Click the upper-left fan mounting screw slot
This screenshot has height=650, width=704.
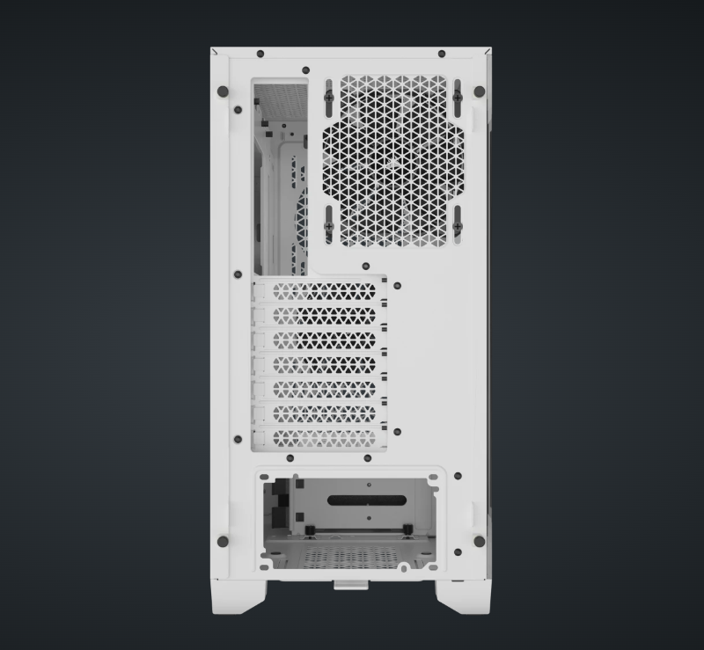click(328, 97)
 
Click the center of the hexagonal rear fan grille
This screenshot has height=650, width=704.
click(393, 160)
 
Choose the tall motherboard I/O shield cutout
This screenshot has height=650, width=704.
click(280, 176)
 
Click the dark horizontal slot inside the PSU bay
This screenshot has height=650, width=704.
click(367, 501)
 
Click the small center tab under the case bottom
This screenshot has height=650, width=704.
click(351, 582)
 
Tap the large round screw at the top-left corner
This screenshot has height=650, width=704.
click(223, 91)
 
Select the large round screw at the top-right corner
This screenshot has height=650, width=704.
click(479, 91)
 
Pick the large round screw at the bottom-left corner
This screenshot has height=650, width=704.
click(223, 541)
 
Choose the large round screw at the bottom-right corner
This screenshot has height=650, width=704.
click(479, 541)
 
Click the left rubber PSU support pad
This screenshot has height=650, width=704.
click(312, 528)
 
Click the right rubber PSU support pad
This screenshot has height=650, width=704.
click(408, 528)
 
